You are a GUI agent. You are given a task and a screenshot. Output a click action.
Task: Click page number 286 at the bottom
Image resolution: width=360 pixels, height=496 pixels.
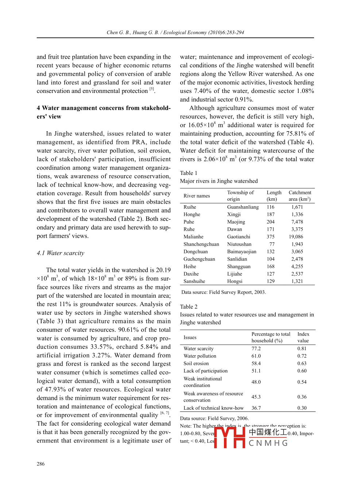click(40, 464)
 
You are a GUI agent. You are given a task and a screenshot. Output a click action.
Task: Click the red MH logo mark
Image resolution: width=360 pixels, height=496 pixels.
click(229, 437)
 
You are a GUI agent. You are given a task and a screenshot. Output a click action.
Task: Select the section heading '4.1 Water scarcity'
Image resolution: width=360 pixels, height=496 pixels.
click(61, 253)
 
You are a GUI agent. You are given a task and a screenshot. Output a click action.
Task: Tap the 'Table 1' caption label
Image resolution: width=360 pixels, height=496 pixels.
click(189, 173)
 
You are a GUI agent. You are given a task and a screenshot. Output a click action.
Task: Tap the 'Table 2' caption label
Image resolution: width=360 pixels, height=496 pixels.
click(189, 307)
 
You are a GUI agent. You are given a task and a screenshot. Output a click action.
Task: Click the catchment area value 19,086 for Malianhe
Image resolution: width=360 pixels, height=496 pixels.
click(296, 237)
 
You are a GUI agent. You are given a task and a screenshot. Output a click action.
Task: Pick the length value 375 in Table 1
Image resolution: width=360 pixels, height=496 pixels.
click(271, 237)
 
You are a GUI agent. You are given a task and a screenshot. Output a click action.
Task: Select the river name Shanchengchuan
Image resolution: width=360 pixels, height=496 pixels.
click(201, 244)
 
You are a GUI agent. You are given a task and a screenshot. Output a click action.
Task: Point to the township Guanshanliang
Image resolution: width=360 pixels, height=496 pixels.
click(243, 207)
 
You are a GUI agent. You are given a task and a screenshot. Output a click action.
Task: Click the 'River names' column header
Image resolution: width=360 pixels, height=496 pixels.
click(197, 196)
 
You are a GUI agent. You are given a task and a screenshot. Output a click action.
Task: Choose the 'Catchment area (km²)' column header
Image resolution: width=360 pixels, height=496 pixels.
click(300, 196)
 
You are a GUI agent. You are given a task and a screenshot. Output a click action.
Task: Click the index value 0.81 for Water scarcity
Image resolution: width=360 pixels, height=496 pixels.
click(302, 348)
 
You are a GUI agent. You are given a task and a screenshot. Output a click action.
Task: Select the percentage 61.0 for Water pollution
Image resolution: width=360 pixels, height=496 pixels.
click(256, 356)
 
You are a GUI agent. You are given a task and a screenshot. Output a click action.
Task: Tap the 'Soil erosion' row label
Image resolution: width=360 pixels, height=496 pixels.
click(196, 363)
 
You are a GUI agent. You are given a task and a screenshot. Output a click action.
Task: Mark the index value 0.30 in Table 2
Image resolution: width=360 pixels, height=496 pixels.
click(302, 408)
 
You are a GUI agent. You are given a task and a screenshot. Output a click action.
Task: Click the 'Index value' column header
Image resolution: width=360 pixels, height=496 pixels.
click(303, 337)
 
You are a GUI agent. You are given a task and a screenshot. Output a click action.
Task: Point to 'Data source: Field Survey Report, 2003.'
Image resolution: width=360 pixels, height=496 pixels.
click(224, 292)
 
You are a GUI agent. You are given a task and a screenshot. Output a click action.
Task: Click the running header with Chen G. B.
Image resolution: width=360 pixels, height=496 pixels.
click(175, 32)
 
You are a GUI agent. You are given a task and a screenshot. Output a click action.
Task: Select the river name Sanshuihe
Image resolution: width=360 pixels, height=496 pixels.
click(194, 281)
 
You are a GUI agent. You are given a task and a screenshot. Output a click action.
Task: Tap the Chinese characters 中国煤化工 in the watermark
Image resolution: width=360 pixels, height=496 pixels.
click(268, 432)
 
